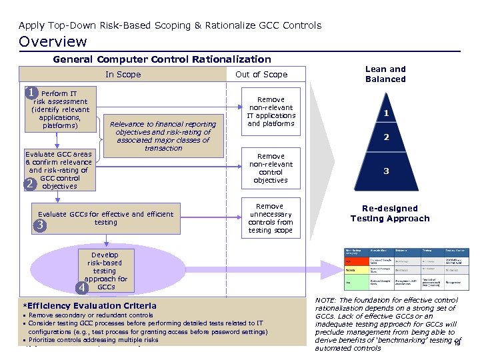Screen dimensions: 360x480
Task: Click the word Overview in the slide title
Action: pyautogui.click(x=53, y=41)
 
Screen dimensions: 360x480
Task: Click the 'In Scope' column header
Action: pyautogui.click(x=123, y=75)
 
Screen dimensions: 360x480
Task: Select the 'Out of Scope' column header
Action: pyautogui.click(x=261, y=75)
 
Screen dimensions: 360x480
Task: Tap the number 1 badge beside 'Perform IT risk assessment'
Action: pyautogui.click(x=31, y=93)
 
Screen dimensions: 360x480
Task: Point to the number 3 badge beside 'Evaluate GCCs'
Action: pyautogui.click(x=41, y=225)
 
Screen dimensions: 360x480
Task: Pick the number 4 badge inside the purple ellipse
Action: pyautogui.click(x=82, y=287)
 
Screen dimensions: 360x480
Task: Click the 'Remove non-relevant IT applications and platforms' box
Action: pyautogui.click(x=271, y=111)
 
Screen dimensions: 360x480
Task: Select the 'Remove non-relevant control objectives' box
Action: pyautogui.click(x=271, y=168)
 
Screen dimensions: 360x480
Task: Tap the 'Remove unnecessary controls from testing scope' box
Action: pyautogui.click(x=271, y=219)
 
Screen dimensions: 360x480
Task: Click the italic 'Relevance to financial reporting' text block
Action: pyautogui.click(x=163, y=136)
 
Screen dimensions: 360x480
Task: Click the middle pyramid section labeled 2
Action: pyautogui.click(x=385, y=139)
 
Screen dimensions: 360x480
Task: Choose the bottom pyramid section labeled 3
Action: pyautogui.click(x=385, y=171)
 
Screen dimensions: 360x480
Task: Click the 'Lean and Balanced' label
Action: pyautogui.click(x=385, y=74)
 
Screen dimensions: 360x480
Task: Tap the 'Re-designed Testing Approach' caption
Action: pyautogui.click(x=390, y=213)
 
